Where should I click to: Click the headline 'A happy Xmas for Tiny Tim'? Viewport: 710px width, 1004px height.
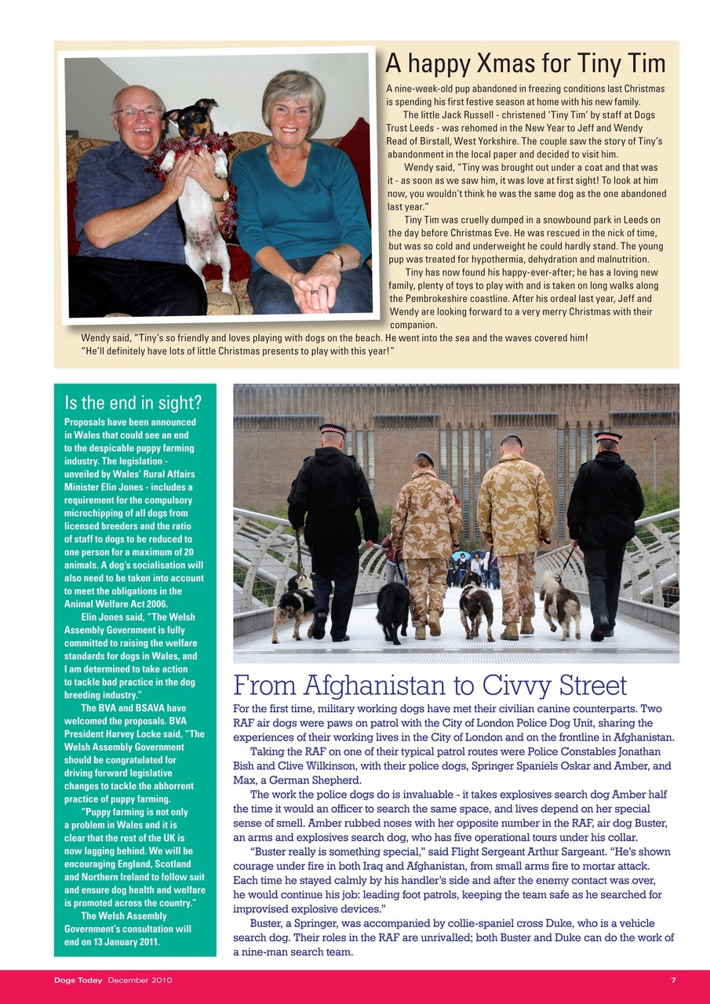click(x=525, y=64)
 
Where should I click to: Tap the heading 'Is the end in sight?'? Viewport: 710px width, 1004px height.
click(x=133, y=403)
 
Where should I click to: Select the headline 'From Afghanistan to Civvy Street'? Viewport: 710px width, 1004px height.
click(x=430, y=686)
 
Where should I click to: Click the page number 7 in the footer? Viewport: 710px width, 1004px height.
click(x=673, y=980)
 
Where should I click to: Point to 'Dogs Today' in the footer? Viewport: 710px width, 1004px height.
click(x=78, y=980)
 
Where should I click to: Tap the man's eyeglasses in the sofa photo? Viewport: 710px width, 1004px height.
click(x=138, y=114)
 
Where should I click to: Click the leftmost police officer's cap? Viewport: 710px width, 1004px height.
click(x=333, y=429)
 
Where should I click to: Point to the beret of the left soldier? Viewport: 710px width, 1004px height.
click(x=424, y=457)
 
